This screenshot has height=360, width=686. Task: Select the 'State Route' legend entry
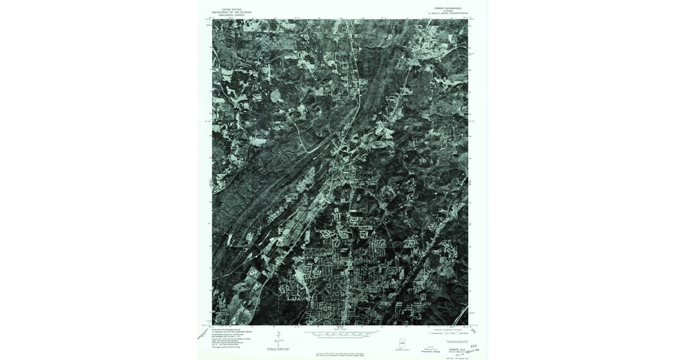point(465,333)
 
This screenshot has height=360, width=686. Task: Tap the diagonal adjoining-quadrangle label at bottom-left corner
point(202,334)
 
